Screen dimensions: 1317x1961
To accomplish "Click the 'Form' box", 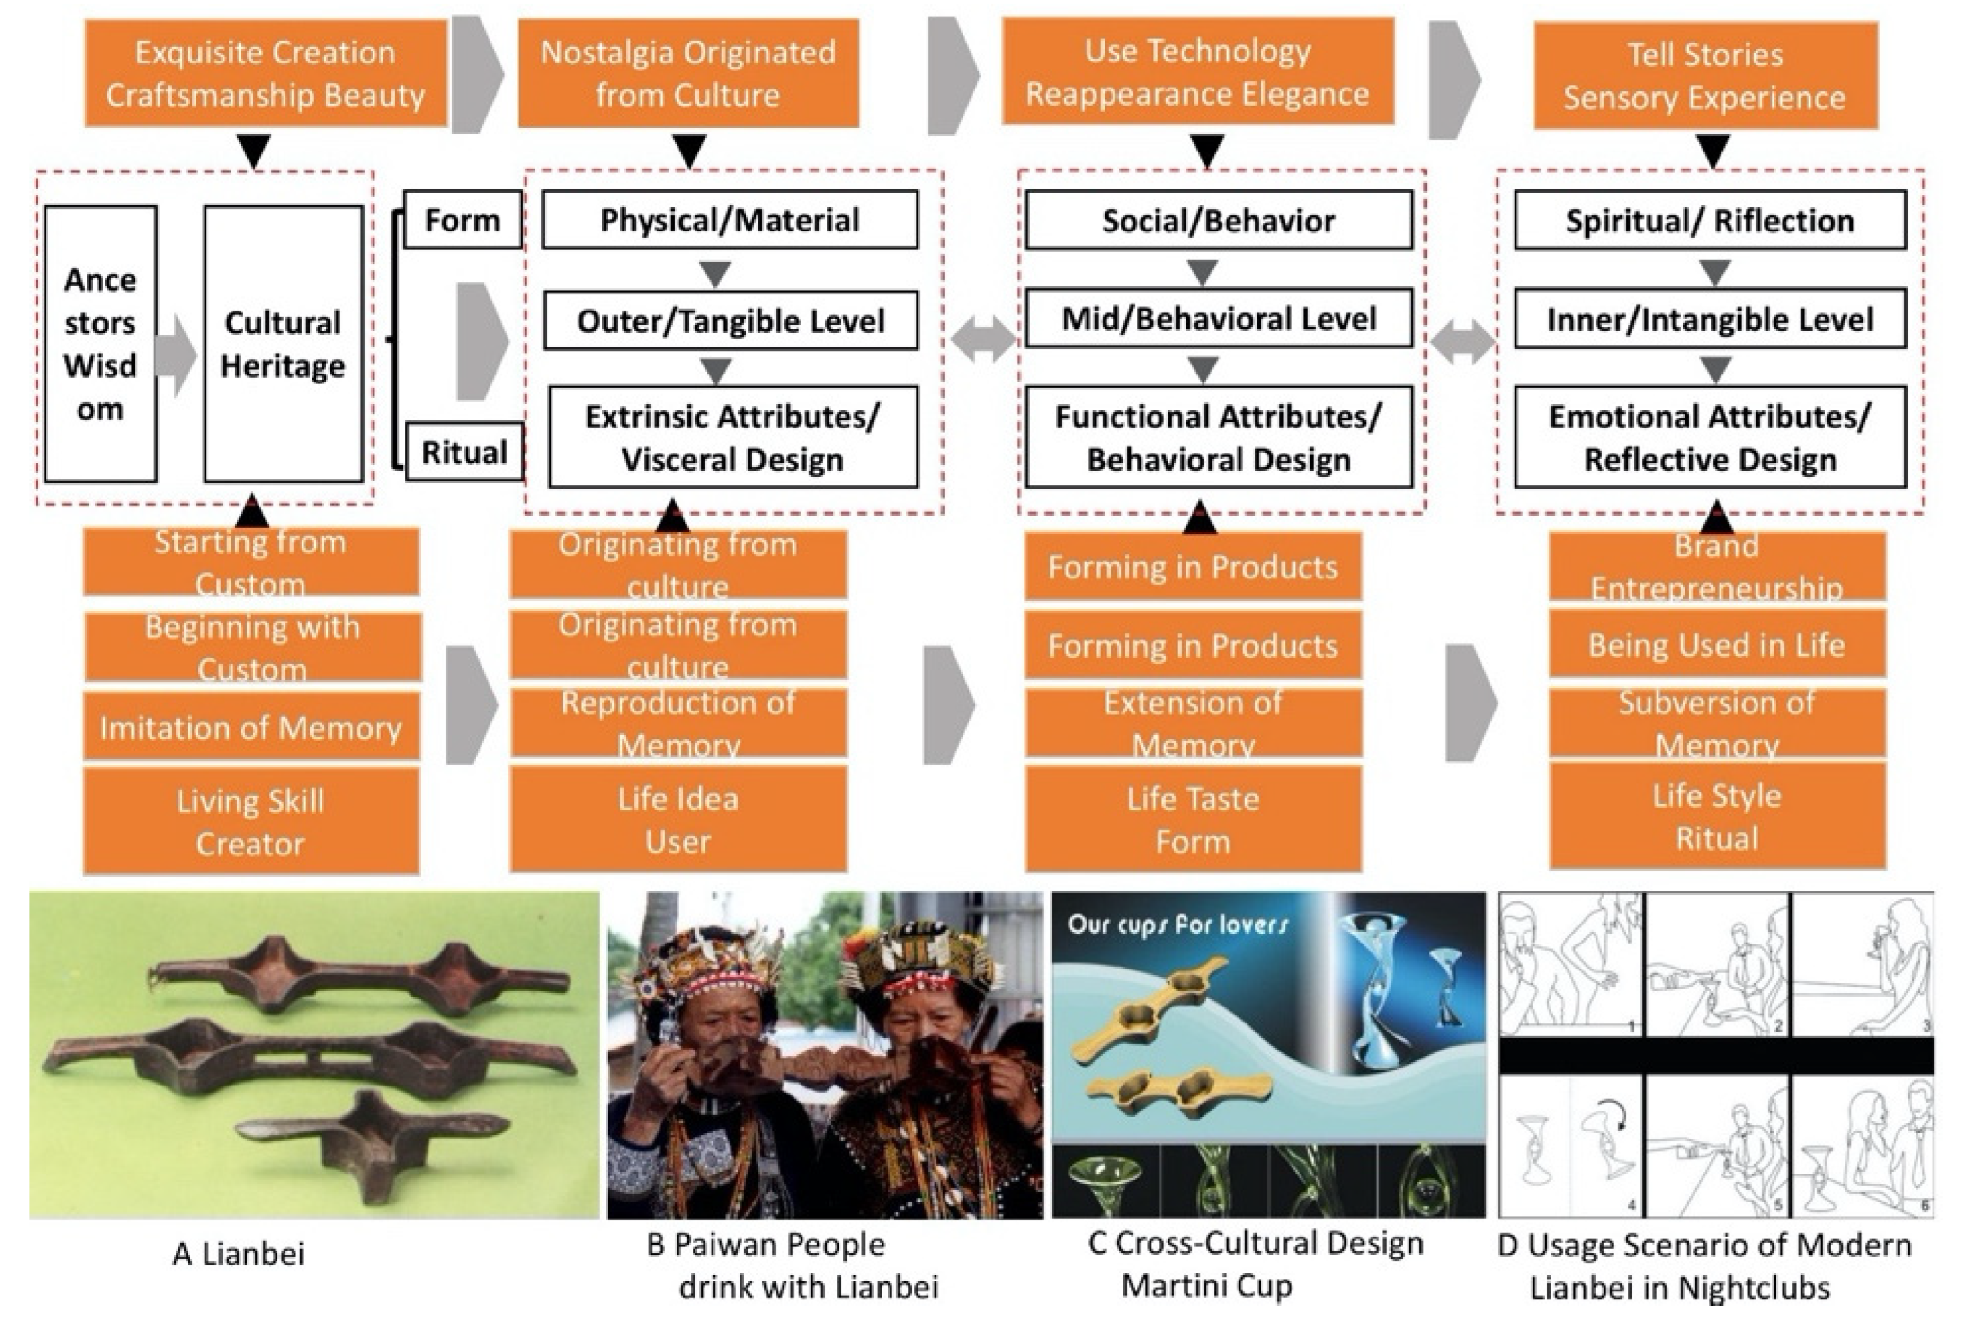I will click(462, 220).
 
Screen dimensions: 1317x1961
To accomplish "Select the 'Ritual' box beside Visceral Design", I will click(464, 452).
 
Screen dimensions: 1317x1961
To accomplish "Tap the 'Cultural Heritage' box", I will click(283, 344).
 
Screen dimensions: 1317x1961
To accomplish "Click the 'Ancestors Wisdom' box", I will click(100, 344).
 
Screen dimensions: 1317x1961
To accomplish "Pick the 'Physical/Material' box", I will click(729, 220).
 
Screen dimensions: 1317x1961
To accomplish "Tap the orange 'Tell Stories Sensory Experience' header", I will click(1705, 76).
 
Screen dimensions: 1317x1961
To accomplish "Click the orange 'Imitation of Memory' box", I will click(251, 727).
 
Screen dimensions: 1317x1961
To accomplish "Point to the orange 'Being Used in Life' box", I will click(1717, 645).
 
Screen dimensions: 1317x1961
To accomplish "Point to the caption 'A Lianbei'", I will click(239, 1253).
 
